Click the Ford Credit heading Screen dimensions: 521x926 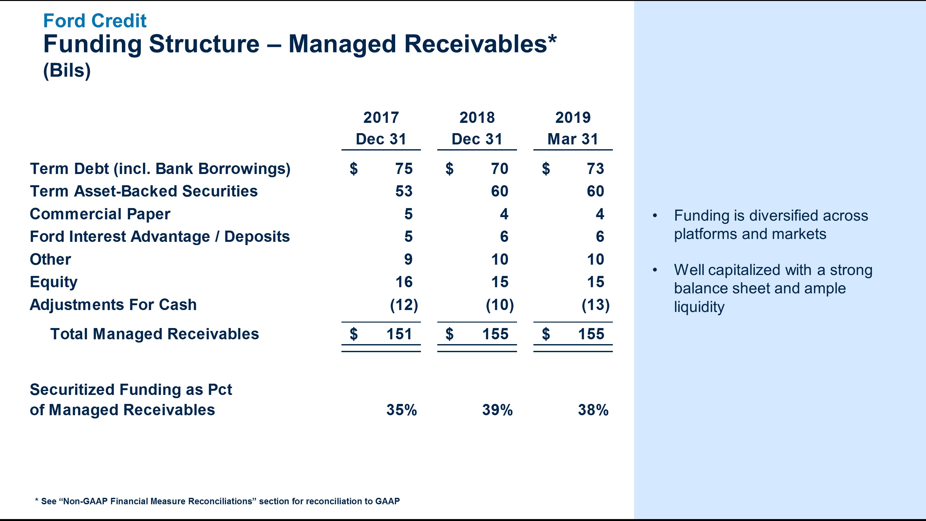[x=95, y=21]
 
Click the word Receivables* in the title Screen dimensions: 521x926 [x=480, y=44]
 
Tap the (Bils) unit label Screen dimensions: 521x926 [x=67, y=70]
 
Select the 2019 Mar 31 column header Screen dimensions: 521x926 [x=573, y=128]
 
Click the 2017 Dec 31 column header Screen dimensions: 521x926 [x=381, y=128]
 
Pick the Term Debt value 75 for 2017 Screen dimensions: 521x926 [x=404, y=169]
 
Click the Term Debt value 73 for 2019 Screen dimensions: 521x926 [x=595, y=169]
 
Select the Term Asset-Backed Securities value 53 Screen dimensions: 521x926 [x=404, y=191]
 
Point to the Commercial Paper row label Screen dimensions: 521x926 [x=100, y=214]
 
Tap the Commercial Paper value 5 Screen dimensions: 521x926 [x=408, y=214]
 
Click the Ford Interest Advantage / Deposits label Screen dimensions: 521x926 [x=159, y=237]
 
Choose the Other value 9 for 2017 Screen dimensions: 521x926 [x=408, y=260]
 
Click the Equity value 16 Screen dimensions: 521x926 [x=404, y=282]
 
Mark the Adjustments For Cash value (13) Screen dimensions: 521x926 [x=595, y=305]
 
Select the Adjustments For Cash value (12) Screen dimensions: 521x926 [x=404, y=305]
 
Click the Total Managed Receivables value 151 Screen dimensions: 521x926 [x=399, y=334]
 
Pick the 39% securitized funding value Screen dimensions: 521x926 [x=497, y=410]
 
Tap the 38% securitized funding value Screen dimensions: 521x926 [x=593, y=410]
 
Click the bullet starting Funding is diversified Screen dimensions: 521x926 [x=770, y=225]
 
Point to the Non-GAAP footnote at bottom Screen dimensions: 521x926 [x=217, y=501]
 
